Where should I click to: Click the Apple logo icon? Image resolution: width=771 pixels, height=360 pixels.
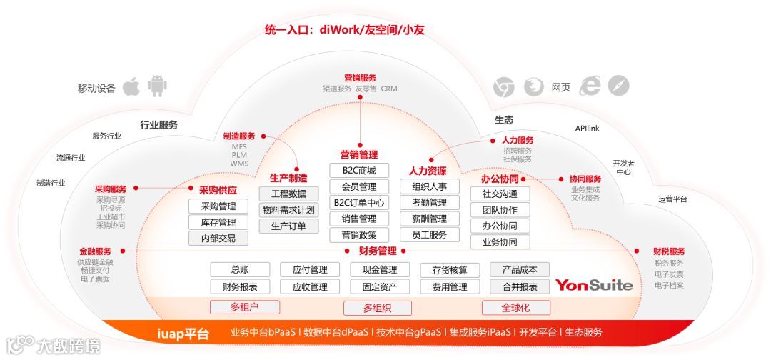point(130,87)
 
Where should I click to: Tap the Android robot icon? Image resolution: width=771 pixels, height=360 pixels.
point(157,87)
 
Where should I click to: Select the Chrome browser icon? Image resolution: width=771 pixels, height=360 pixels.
point(504,87)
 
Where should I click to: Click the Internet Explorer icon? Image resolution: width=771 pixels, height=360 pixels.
point(590,86)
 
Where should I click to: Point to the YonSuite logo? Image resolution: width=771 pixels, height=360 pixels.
point(594,286)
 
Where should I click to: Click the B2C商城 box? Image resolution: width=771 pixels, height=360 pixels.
point(359,171)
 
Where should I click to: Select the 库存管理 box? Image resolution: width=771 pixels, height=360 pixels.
point(218,222)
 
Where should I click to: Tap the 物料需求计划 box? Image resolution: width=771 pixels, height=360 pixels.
point(288,210)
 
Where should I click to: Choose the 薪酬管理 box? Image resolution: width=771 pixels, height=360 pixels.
point(429,219)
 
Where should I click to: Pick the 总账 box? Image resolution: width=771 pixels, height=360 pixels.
point(240,270)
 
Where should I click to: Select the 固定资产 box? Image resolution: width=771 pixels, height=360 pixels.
point(380,287)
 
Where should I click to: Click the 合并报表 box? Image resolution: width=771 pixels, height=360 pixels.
point(520,287)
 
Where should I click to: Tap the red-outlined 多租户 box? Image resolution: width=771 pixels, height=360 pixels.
point(244,307)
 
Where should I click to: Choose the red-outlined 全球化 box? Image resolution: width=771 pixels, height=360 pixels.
point(515,308)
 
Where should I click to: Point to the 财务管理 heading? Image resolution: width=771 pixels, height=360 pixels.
point(378,251)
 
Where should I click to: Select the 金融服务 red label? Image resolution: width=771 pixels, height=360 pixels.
point(95,251)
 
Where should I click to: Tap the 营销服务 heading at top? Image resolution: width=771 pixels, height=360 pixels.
point(360,78)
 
